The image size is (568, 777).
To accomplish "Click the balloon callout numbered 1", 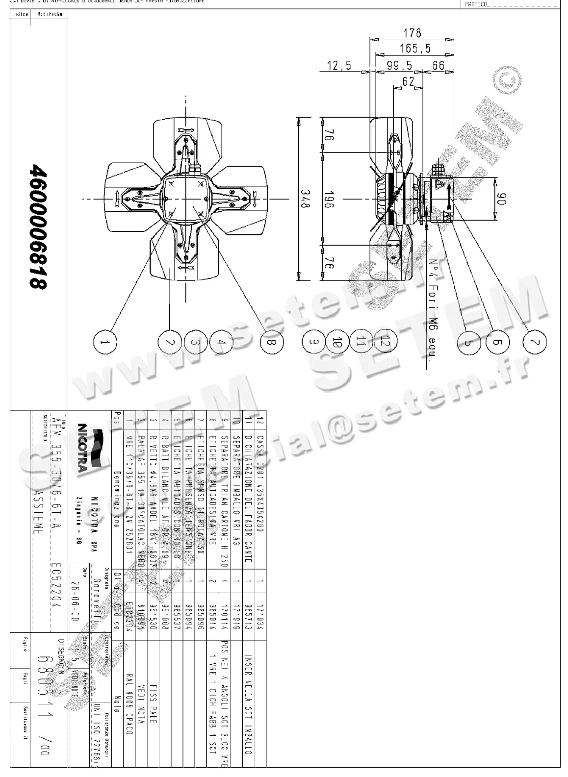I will (105, 343).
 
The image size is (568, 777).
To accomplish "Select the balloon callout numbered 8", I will (269, 343).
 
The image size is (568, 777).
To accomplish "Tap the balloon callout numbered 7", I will (534, 343).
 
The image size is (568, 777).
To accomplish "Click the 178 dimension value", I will (412, 33).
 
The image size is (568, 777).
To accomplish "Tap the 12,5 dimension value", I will (339, 65).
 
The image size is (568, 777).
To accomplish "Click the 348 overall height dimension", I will (305, 199).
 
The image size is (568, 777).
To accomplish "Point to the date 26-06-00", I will (74, 594).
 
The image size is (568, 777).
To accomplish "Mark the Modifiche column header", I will (50, 14).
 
